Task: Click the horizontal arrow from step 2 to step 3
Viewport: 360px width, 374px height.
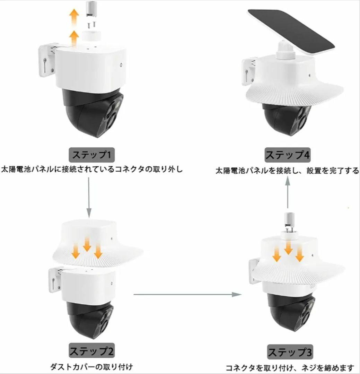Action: click(x=187, y=294)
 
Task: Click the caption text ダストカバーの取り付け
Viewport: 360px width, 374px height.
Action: click(x=91, y=366)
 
